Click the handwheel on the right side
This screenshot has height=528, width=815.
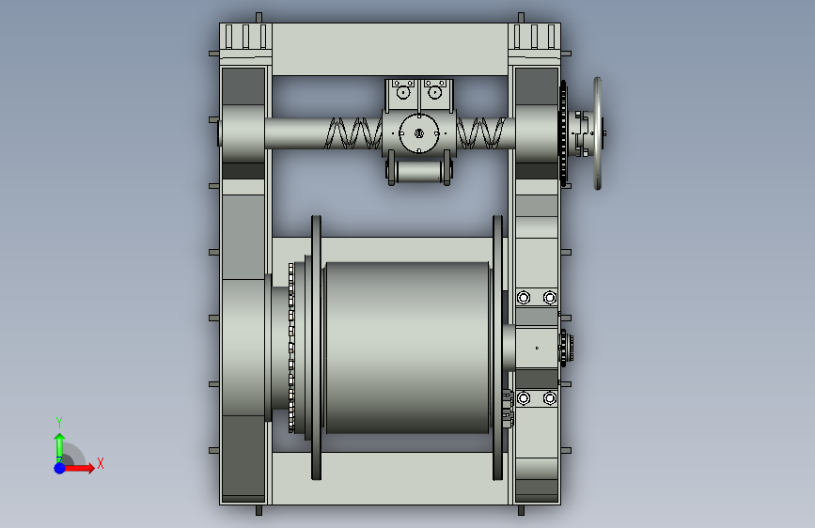pyautogui.click(x=598, y=133)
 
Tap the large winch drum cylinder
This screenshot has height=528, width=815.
pyautogui.click(x=408, y=348)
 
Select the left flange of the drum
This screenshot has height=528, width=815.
pyautogui.click(x=316, y=348)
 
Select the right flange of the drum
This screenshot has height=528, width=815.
pyautogui.click(x=497, y=348)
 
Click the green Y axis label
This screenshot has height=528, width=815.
pyautogui.click(x=59, y=422)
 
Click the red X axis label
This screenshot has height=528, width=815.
pyautogui.click(x=101, y=463)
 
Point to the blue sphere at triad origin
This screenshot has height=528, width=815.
pyautogui.click(x=60, y=468)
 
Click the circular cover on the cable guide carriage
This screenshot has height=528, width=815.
pyautogui.click(x=419, y=133)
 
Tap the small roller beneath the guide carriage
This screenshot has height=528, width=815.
pyautogui.click(x=418, y=172)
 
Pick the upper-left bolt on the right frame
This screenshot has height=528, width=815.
pyautogui.click(x=524, y=297)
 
